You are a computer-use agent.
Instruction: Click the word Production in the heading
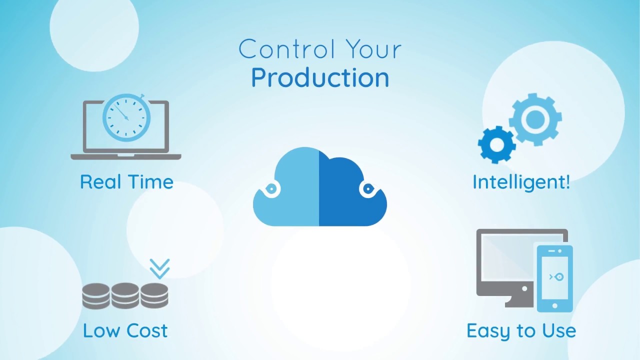pos(320,78)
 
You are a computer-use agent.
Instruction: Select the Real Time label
pos(126,181)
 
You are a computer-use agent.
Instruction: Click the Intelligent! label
pos(521,181)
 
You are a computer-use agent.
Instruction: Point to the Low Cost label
pos(125,330)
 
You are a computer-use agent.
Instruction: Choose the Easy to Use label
pos(521,330)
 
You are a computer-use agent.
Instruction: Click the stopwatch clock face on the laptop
pos(126,117)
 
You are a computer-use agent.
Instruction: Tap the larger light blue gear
pos(535,119)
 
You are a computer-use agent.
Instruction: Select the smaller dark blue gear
pos(496,144)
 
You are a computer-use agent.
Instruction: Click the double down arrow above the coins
pos(159,268)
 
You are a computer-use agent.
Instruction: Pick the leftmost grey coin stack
pos(96,296)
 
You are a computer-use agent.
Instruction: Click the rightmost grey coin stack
pos(154,296)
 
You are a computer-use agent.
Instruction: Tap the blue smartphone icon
pos(554,277)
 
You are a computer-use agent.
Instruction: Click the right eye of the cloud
pos(368,189)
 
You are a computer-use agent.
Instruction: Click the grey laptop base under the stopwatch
pos(126,156)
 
